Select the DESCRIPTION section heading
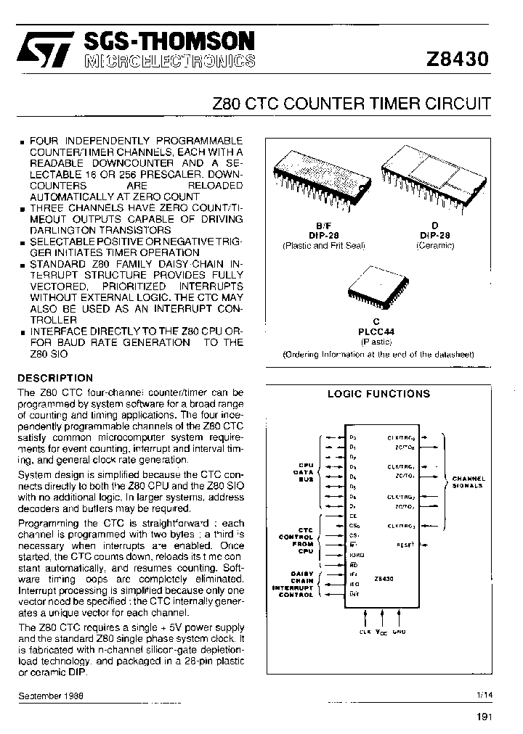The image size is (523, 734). (55, 378)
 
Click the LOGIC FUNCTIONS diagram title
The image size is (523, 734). (378, 394)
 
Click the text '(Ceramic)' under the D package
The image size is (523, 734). (434, 245)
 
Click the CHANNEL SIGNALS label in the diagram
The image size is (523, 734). (469, 482)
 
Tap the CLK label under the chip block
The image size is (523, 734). (364, 632)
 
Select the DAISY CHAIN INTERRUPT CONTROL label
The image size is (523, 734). (292, 584)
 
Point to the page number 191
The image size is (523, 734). (485, 717)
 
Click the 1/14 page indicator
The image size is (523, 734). (484, 694)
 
